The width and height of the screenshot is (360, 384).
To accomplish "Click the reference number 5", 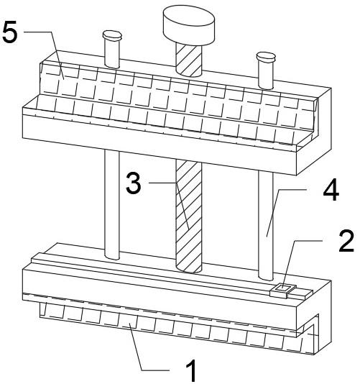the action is tap(10, 32).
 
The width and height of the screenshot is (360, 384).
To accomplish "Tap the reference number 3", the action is tap(134, 183).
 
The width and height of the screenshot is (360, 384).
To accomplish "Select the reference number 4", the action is tap(331, 190).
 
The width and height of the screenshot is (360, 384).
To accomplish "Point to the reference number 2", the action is tap(346, 241).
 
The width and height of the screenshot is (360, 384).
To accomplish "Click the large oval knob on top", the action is tap(189, 25).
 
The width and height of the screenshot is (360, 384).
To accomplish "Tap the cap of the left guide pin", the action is tap(112, 35).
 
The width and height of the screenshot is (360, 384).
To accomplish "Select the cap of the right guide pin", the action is tap(266, 57).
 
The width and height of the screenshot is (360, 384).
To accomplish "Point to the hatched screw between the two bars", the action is tap(189, 216).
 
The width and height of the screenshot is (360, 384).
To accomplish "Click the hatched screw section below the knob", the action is tap(189, 60).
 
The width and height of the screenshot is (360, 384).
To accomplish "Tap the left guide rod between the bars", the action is tap(112, 205).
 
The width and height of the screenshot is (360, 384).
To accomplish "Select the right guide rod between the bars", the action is tap(266, 225).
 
